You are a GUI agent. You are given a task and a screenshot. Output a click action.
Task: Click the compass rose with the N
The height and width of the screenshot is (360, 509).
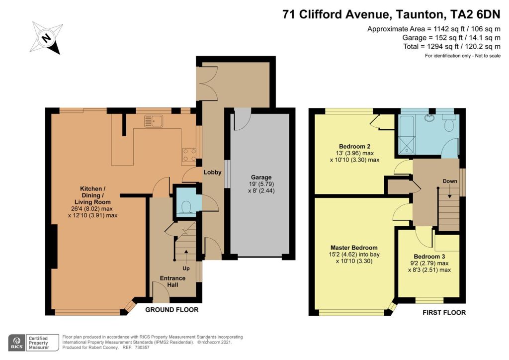tap(46, 38)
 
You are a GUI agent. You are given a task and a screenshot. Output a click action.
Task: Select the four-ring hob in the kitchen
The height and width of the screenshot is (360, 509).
tap(189, 155)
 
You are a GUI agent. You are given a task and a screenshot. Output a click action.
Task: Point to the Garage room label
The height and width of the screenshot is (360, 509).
tap(261, 177)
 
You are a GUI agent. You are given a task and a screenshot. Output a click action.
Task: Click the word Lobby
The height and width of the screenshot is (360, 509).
tap(212, 172)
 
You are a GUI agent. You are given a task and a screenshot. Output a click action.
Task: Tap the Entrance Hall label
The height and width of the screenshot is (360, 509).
tap(172, 281)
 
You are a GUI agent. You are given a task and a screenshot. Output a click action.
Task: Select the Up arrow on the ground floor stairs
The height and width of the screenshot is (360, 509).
tap(186, 256)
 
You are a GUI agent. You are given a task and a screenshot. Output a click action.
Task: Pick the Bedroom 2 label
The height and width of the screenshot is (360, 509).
tap(354, 146)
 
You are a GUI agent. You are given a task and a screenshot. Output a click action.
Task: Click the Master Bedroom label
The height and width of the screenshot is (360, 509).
tap(354, 247)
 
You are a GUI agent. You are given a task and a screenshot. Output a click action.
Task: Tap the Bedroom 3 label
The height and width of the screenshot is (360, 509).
tap(429, 257)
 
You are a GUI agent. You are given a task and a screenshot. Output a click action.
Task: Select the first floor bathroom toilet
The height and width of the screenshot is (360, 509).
tap(449, 123)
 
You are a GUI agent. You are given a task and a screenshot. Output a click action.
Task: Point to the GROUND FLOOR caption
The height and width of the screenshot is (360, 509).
tap(171, 310)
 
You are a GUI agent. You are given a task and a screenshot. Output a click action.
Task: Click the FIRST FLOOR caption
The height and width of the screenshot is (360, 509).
tap(444, 312)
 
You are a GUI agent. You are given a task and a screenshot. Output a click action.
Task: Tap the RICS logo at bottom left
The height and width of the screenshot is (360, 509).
tap(16, 343)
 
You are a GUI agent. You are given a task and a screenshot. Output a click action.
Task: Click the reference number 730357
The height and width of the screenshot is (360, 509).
tap(142, 348)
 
